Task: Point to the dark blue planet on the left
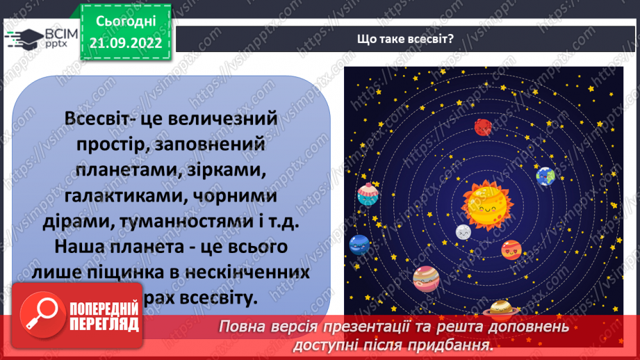pos(359,244)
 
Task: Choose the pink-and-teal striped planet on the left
pos(366,197)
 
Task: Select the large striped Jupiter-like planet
pos(426,278)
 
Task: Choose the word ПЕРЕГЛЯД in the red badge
pos(104,324)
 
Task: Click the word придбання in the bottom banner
pos(457,345)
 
